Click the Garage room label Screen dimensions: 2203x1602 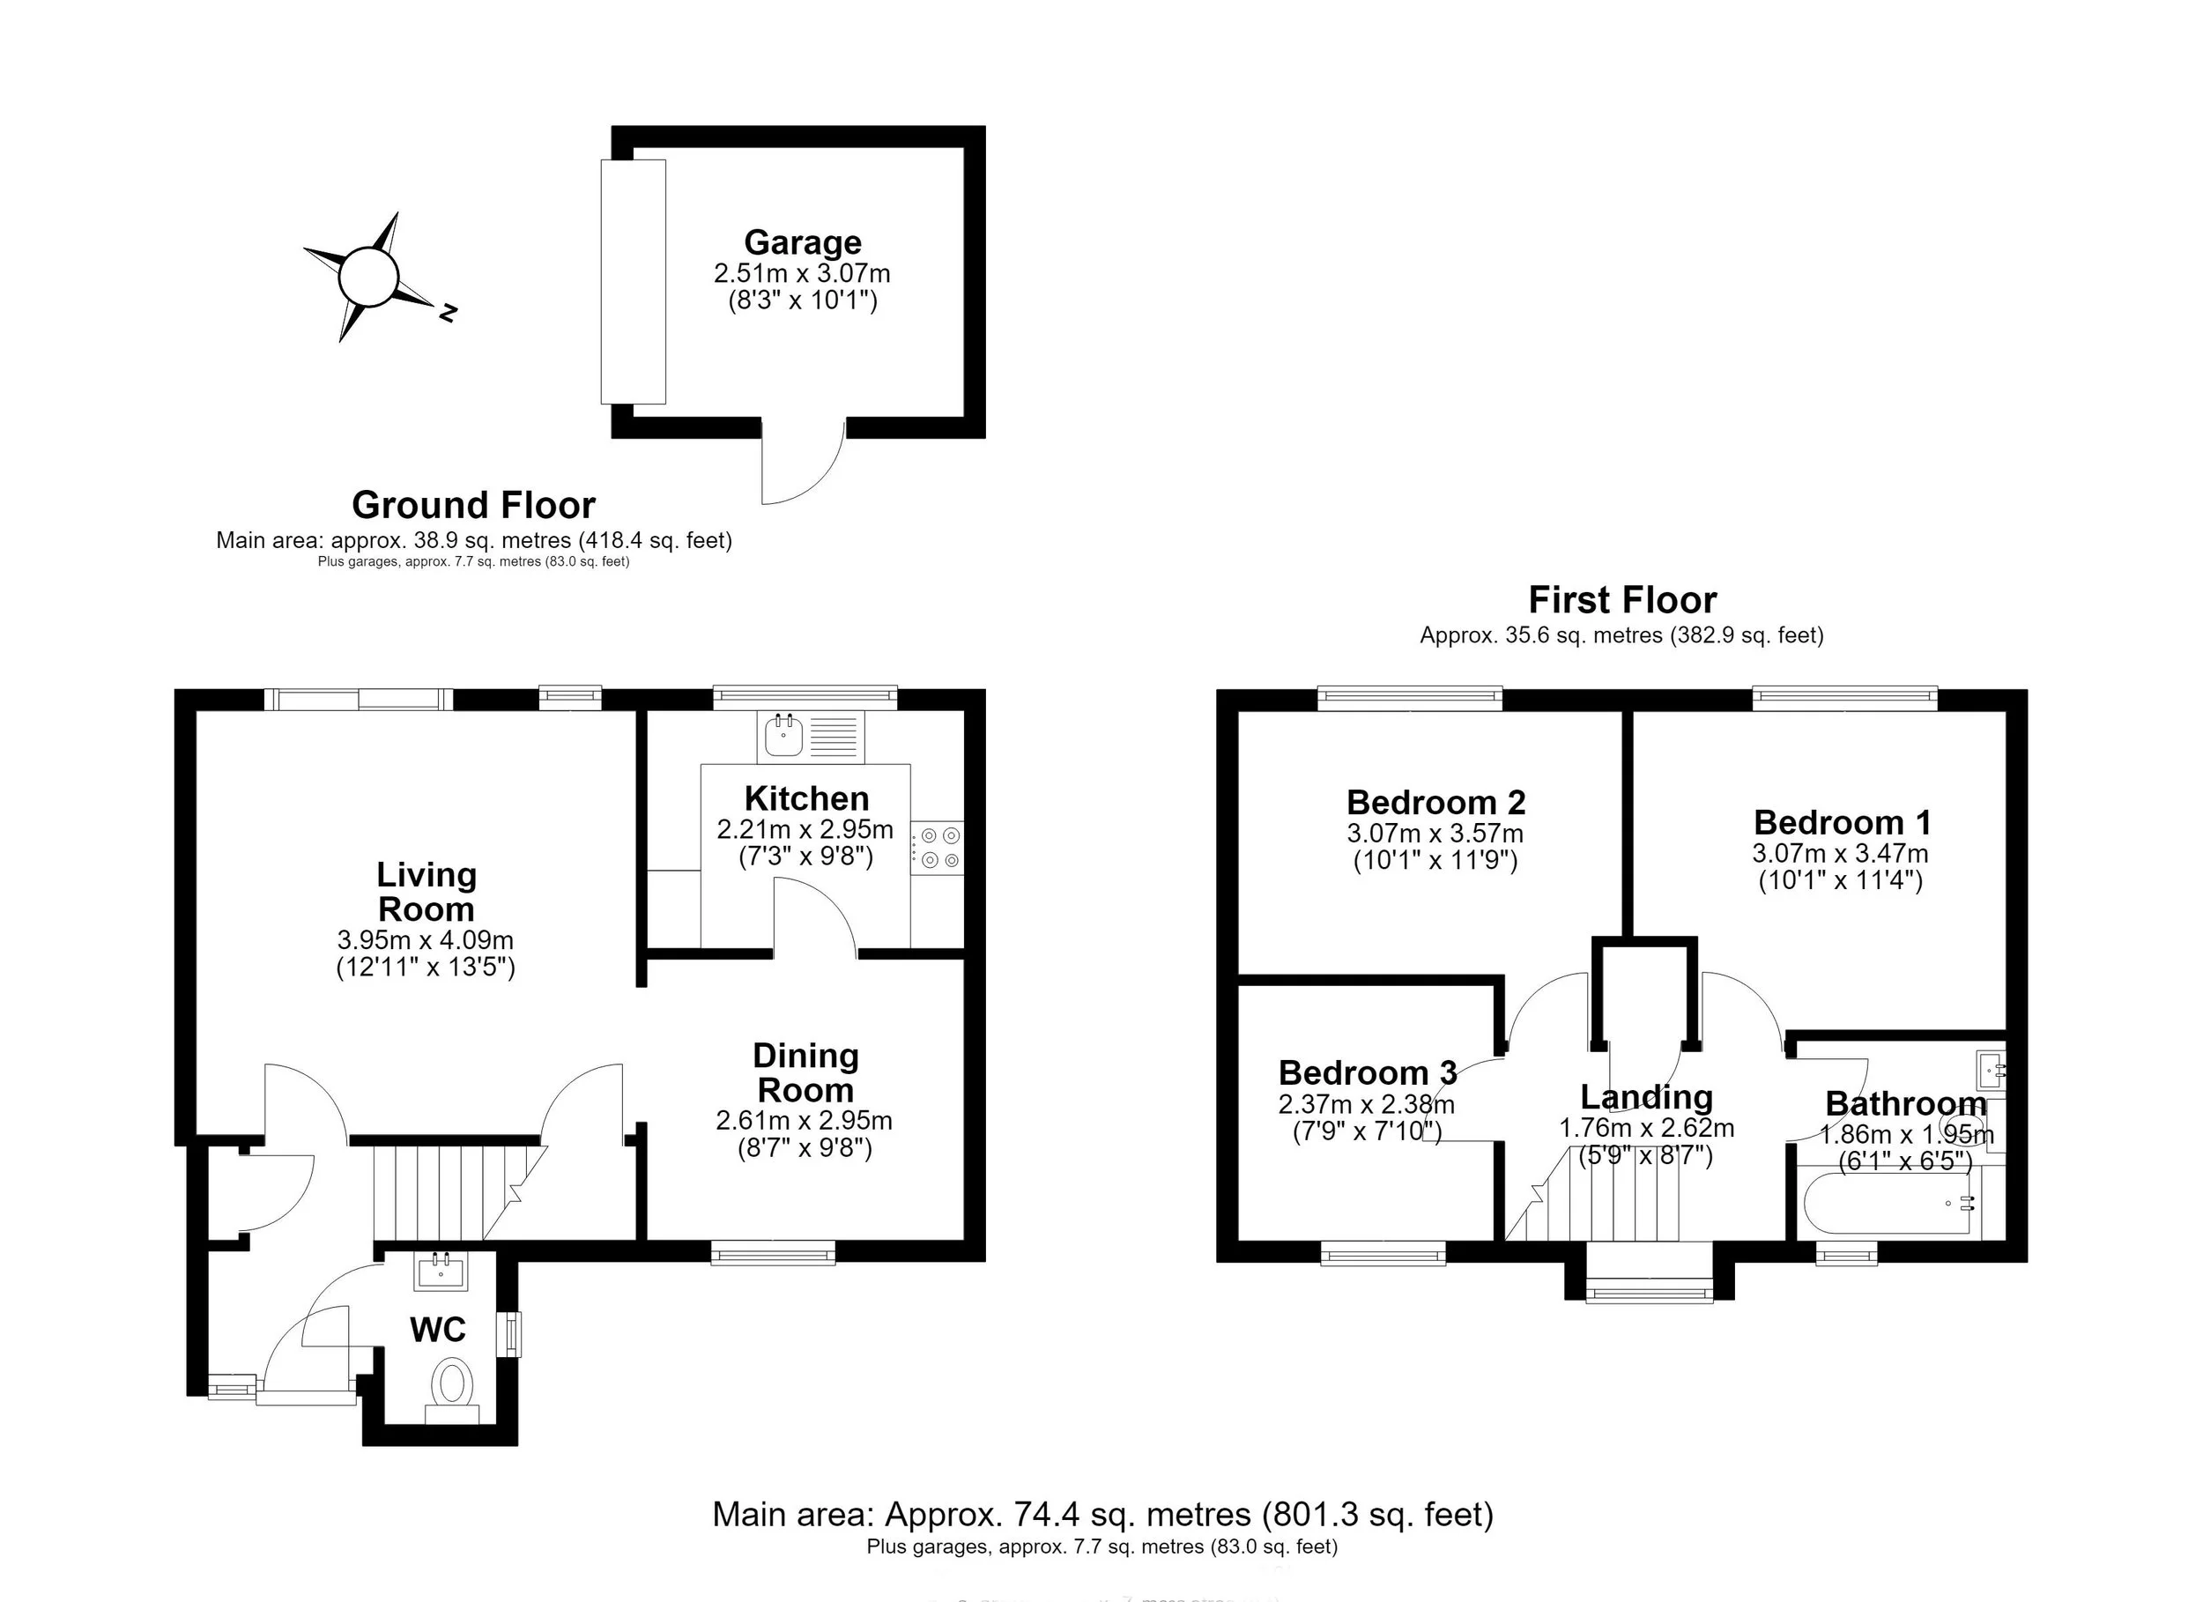pyautogui.click(x=802, y=242)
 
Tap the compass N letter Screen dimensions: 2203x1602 pyautogui.click(x=448, y=313)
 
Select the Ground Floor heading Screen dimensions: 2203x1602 pyautogui.click(x=473, y=505)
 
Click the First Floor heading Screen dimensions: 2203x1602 pyautogui.click(x=1622, y=600)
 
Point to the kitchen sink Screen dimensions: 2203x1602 pyautogui.click(x=783, y=736)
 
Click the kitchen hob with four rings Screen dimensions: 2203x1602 pyautogui.click(x=938, y=847)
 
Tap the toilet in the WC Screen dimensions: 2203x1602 pyautogui.click(x=452, y=1385)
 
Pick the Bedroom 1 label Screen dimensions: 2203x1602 pyautogui.click(x=1842, y=823)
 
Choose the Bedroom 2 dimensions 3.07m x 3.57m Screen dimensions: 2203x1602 pyautogui.click(x=1435, y=834)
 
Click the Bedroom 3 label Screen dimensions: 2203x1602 pyautogui.click(x=1368, y=1072)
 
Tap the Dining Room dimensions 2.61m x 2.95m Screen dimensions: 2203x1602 pyautogui.click(x=805, y=1120)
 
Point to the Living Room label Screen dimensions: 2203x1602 pyautogui.click(x=427, y=892)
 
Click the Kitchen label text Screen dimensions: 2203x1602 pyautogui.click(x=806, y=798)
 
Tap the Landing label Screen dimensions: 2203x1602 pyautogui.click(x=1646, y=1097)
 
